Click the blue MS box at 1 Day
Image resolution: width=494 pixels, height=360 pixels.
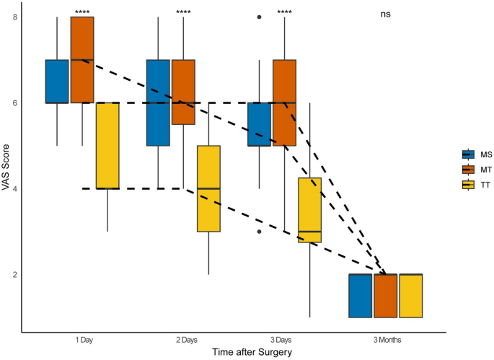57,82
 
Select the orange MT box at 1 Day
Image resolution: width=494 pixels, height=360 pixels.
82,60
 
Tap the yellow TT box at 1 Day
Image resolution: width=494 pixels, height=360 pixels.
107,145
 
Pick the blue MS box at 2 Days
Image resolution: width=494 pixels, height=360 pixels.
158,102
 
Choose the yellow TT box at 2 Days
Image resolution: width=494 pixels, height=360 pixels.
208,188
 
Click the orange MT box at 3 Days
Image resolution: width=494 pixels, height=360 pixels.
284,102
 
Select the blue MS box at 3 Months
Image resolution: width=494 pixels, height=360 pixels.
361,296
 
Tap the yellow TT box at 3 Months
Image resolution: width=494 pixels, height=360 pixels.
411,296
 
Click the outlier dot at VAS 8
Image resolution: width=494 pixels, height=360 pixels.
260,17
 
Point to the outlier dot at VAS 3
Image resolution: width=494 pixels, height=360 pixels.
260,232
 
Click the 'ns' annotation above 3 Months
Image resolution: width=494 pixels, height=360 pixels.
385,14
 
